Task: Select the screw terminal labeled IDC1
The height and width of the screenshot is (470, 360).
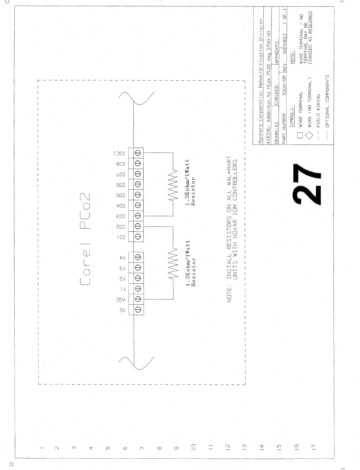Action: point(137,153)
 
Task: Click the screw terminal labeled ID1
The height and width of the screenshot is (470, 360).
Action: point(137,237)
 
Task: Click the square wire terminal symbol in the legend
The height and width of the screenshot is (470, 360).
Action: point(299,135)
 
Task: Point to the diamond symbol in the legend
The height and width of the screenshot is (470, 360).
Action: point(309,135)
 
